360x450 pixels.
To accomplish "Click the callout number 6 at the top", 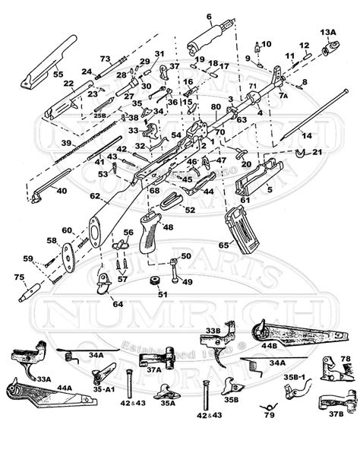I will click(208, 16).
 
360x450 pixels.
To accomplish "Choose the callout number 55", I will click(36, 75).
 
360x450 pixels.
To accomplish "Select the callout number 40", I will click(61, 190).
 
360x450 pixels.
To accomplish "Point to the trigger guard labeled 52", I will click(173, 201).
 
